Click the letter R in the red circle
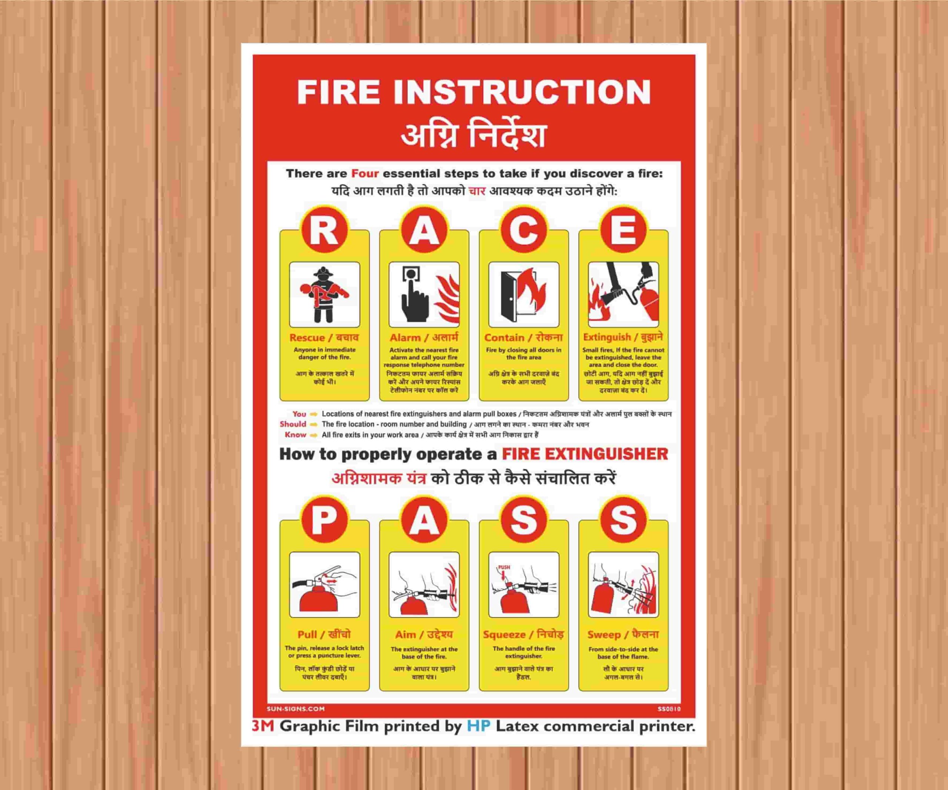click(324, 231)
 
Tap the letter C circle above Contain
click(524, 231)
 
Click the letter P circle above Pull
click(324, 521)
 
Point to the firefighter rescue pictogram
click(324, 295)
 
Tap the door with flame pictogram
click(524, 295)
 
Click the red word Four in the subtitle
click(365, 174)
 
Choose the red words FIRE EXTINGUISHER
click(585, 454)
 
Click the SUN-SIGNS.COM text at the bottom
click(295, 709)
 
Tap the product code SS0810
click(669, 709)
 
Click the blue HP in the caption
click(478, 726)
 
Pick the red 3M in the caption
click(263, 726)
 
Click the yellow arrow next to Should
click(314, 425)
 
